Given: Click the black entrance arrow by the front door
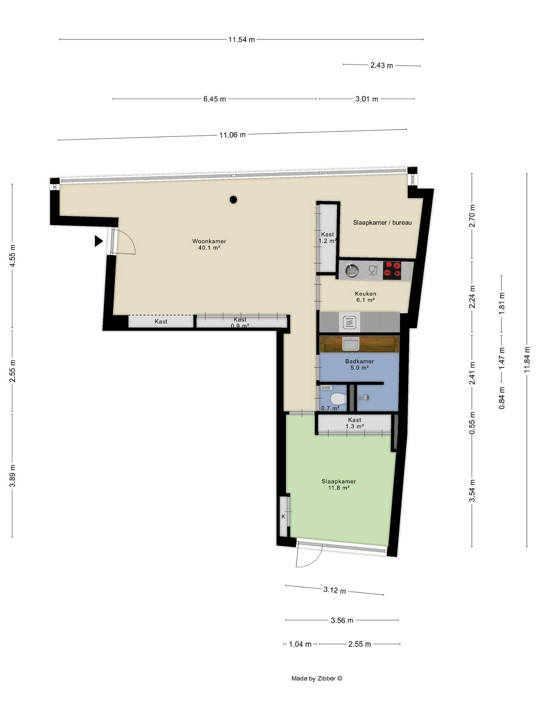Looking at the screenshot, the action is coord(99,241).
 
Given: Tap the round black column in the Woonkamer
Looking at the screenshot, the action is coord(233,200).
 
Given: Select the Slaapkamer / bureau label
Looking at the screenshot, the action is coord(382,222).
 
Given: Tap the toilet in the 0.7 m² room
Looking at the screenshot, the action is coord(338,398).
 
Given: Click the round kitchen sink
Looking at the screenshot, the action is coord(352,270).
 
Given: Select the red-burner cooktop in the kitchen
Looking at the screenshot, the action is coord(392,270).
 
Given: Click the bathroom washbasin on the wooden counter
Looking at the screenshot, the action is coord(350,345).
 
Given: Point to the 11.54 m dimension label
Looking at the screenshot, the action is coord(242,40).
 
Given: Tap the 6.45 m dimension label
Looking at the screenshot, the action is coord(215,99).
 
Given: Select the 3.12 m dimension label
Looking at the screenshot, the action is coord(335,590).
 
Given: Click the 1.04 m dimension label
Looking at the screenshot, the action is coord(300,644).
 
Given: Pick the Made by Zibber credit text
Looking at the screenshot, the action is coord(317,679).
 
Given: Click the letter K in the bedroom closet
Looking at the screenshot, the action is coord(283,516).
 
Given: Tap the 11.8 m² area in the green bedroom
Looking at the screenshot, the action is coord(339,488).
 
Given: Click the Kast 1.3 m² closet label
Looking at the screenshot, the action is coord(355,423).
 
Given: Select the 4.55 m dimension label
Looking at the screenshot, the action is coord(13,256).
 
